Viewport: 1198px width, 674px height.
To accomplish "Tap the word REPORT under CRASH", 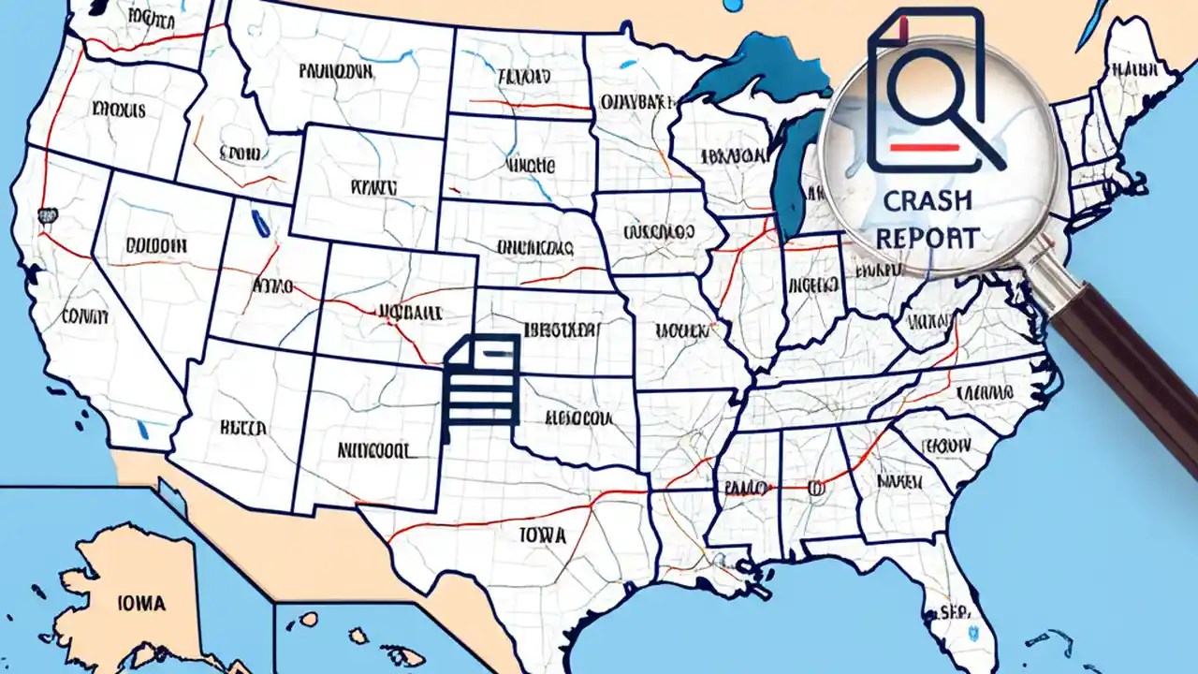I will (927, 238).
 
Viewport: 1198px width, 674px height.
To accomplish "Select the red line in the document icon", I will (923, 147).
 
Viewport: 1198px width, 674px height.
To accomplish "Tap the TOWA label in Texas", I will (543, 535).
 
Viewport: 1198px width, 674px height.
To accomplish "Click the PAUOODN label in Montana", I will (338, 70).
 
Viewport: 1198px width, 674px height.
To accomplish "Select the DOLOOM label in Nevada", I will (155, 245).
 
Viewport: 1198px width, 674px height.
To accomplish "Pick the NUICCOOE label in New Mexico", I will (374, 450).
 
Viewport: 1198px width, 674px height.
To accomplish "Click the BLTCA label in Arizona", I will (243, 428).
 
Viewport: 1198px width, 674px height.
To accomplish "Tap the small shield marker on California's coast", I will (44, 216).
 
